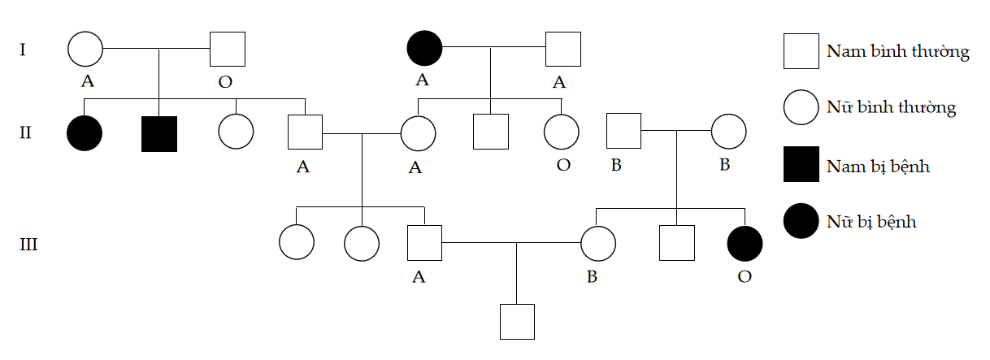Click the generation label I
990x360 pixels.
click(x=23, y=50)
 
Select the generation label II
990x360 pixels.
click(x=25, y=132)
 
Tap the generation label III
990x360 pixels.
click(x=28, y=244)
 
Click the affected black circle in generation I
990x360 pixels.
click(x=424, y=49)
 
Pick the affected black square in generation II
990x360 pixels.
click(x=159, y=133)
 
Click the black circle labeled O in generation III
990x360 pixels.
click(x=745, y=242)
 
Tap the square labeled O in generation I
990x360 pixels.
click(x=228, y=49)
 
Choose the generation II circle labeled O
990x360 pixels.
click(x=561, y=132)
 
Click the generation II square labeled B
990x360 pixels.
click(x=624, y=132)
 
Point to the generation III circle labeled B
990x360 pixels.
click(x=598, y=242)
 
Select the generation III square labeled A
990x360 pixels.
click(x=424, y=242)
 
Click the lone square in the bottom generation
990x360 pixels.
click(x=517, y=321)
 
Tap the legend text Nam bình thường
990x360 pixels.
click(x=897, y=52)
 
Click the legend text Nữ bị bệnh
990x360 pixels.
click(x=871, y=221)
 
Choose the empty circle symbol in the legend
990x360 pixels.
click(x=801, y=108)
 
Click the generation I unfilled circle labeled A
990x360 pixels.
click(x=85, y=49)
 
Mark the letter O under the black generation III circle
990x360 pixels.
click(x=745, y=276)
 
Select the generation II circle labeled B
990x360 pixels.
click(x=728, y=132)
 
